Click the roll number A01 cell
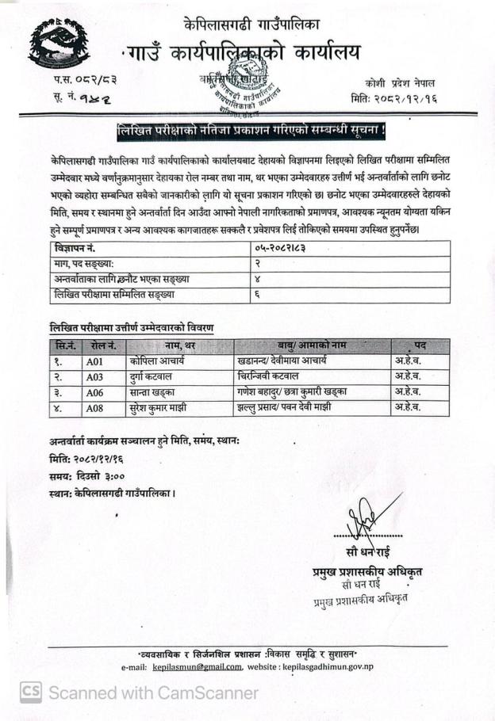point(96,360)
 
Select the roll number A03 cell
point(96,376)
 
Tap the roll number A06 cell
point(96,392)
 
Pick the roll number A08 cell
point(96,408)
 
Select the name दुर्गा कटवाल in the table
point(155,376)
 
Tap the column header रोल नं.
point(103,345)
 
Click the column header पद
point(420,345)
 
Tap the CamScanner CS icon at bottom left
point(30,692)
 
